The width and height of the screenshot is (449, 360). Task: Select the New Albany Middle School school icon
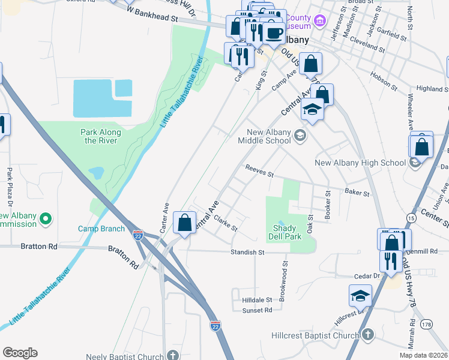coord(300,137)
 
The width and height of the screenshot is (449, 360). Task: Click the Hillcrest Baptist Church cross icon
coord(368,335)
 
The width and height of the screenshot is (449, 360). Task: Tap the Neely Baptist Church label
coord(124,356)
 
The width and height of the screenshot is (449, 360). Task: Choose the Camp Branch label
coord(101,229)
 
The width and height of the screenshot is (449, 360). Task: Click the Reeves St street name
coord(259,172)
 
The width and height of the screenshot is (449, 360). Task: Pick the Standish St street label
coord(247,253)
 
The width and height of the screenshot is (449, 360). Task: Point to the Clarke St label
coord(226,224)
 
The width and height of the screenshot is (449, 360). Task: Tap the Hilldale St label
coord(257,299)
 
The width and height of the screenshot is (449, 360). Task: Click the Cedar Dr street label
coord(365,275)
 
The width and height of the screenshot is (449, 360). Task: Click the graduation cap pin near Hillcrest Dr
coord(360,295)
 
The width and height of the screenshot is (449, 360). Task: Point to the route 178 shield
coord(426,324)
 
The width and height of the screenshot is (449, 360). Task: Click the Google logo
coord(20,353)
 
